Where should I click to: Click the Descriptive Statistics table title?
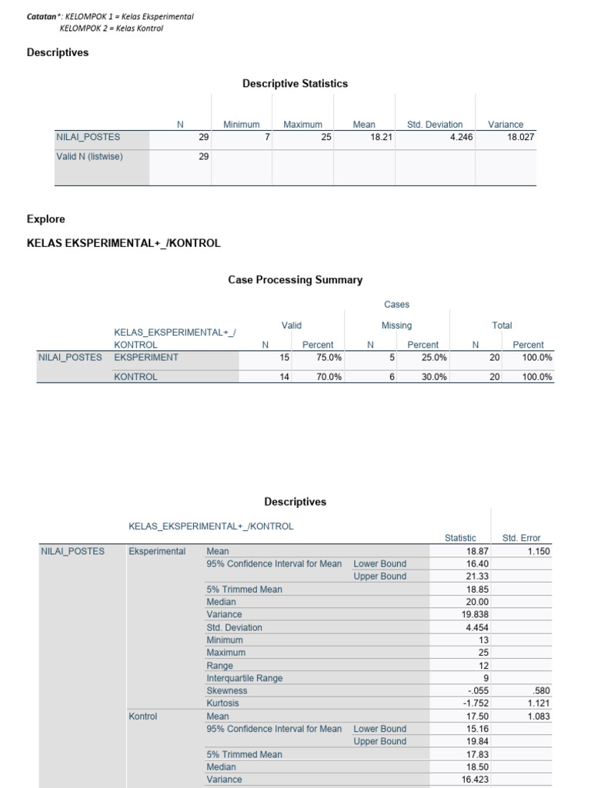pos(295,83)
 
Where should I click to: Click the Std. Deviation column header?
pos(435,124)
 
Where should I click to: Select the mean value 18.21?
pos(382,137)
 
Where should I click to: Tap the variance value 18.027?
pos(519,137)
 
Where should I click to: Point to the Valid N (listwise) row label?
pos(89,156)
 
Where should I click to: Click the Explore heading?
pos(46,219)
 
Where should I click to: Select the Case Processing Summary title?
pos(295,280)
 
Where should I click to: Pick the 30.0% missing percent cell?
pos(434,377)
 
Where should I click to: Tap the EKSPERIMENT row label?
pos(146,357)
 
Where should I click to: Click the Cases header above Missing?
pos(397,305)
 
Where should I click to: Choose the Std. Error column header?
pos(521,538)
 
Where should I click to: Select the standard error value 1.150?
pos(539,551)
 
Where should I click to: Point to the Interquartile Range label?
pos(244,678)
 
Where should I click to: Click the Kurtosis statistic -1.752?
pos(472,703)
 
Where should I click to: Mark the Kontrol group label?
pos(142,716)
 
